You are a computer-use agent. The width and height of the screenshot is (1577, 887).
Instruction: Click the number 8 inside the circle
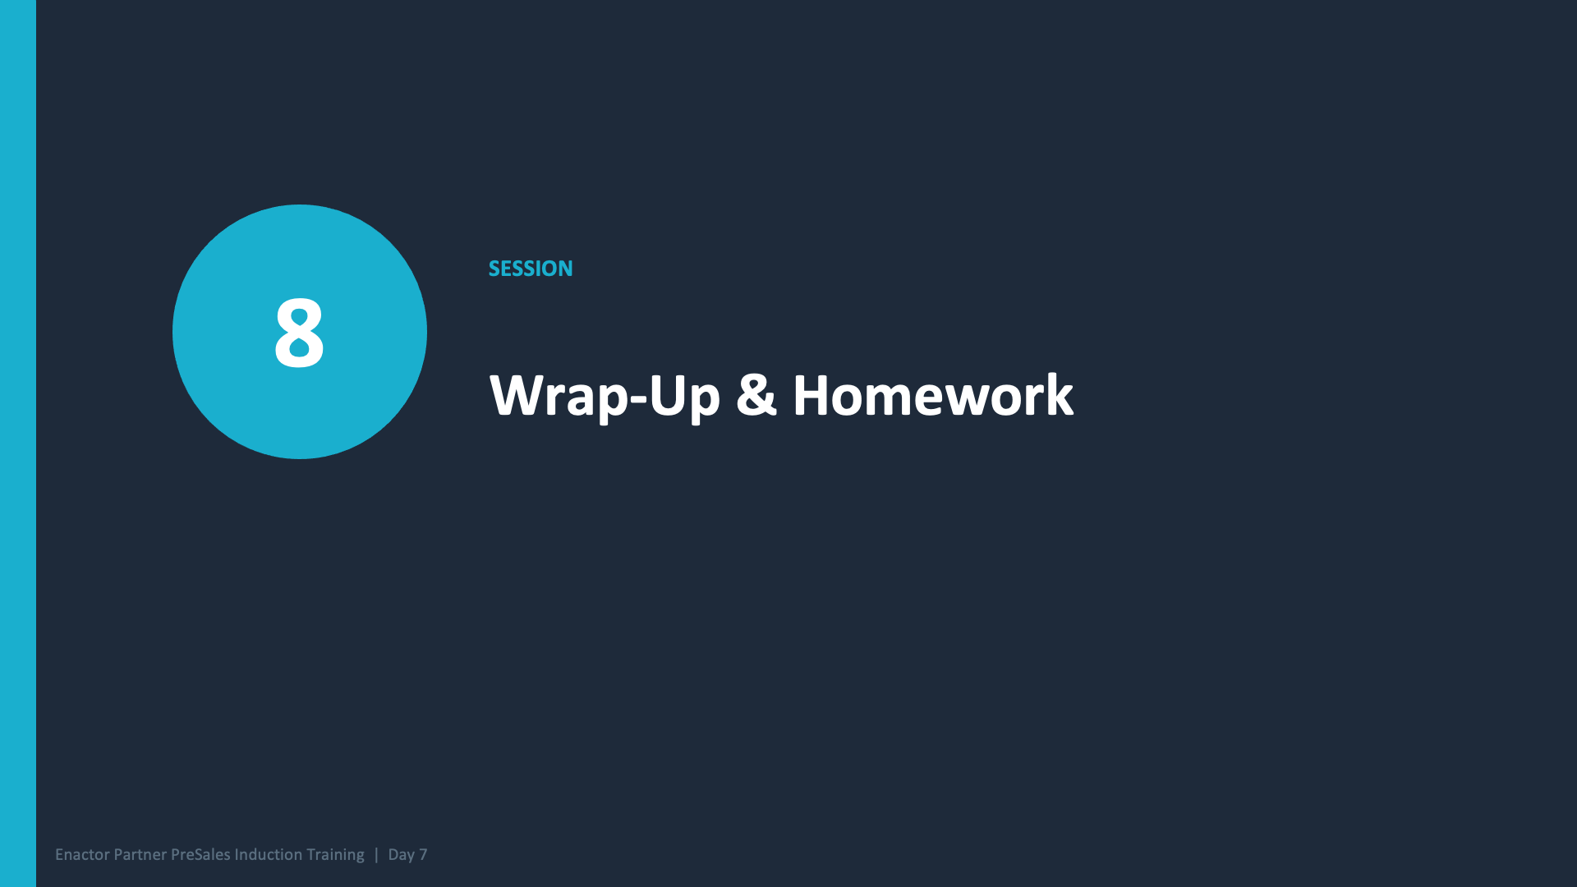click(x=299, y=333)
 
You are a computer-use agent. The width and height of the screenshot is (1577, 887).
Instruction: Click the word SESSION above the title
click(x=531, y=269)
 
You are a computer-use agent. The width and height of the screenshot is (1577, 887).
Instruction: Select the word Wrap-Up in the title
click(x=605, y=396)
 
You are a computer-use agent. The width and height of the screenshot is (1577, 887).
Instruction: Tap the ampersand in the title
click(x=756, y=395)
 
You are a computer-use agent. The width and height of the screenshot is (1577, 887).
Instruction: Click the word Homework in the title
click(x=932, y=396)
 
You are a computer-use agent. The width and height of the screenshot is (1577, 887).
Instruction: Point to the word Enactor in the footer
click(x=82, y=855)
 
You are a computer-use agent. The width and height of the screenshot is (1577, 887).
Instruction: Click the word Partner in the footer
click(x=140, y=855)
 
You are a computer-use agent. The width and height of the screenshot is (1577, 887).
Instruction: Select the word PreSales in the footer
click(x=200, y=855)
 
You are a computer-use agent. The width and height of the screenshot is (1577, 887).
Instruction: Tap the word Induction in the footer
click(x=268, y=855)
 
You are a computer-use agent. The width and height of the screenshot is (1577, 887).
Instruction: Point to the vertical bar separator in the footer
click(x=376, y=855)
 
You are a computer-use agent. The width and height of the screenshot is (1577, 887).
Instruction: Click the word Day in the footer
click(x=401, y=855)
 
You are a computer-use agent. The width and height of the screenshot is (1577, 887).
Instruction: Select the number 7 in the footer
click(x=423, y=855)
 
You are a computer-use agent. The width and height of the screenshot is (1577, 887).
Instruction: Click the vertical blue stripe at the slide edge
click(x=17, y=443)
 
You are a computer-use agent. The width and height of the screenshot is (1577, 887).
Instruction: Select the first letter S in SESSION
click(x=494, y=269)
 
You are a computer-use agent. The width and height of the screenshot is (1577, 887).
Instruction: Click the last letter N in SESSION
click(x=565, y=269)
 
